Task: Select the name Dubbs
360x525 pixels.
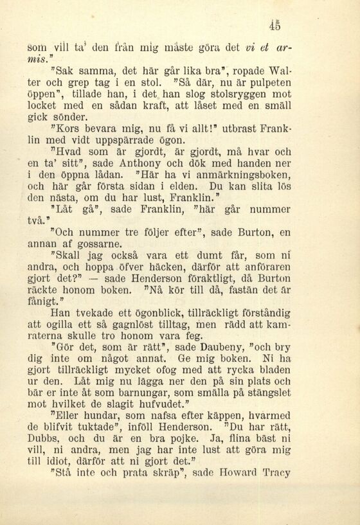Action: [x=48, y=439]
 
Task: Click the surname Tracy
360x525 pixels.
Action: [x=276, y=474]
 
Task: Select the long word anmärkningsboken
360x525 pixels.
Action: [x=243, y=175]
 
